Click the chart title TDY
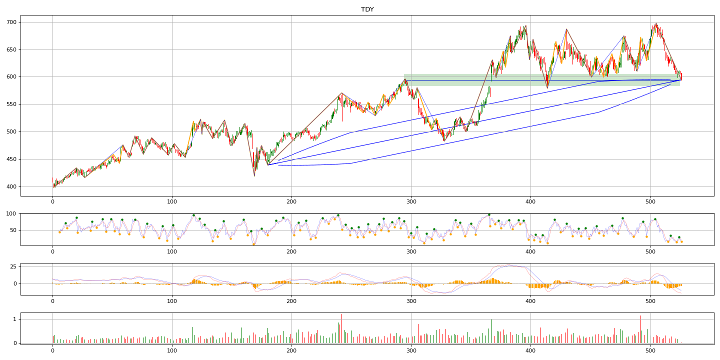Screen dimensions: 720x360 pyautogui.click(x=367, y=9)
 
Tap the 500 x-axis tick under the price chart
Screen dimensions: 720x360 pyautogui.click(x=650, y=202)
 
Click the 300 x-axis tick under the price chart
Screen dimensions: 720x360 pyautogui.click(x=411, y=202)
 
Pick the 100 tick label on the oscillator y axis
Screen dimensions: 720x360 pyautogui.click(x=11, y=214)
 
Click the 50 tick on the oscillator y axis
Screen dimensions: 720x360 pyautogui.click(x=13, y=230)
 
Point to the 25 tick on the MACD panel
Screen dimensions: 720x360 pyautogui.click(x=13, y=267)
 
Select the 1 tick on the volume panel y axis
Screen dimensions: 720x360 pyautogui.click(x=15, y=319)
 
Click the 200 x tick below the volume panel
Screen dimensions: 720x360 pyautogui.click(x=291, y=350)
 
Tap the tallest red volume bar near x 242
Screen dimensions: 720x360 pyautogui.click(x=341, y=328)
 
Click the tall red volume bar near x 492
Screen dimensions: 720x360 pyautogui.click(x=640, y=329)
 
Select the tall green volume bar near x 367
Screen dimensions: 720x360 pyautogui.click(x=491, y=331)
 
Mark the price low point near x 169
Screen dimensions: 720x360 pyautogui.click(x=254, y=176)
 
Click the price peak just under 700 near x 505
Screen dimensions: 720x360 pyautogui.click(x=656, y=23)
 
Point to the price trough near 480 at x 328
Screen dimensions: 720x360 pyautogui.click(x=444, y=141)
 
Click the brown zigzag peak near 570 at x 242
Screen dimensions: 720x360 pyautogui.click(x=341, y=93)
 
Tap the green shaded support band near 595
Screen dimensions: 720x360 pyautogui.click(x=542, y=80)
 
